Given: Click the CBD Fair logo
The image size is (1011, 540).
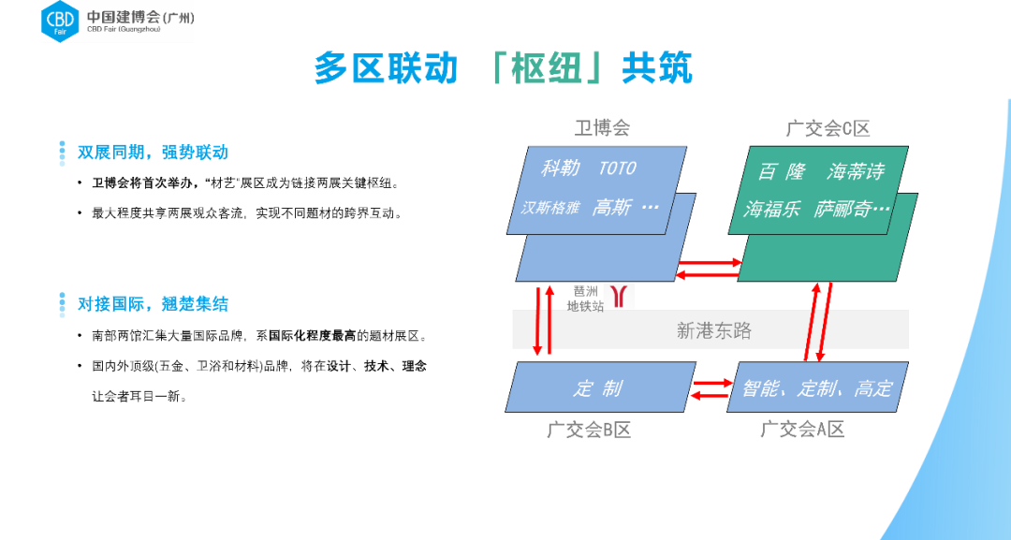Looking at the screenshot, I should click(117, 22).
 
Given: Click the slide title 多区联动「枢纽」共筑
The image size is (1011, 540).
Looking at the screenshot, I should click(503, 69).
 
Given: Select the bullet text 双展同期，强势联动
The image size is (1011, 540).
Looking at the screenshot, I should click(152, 153).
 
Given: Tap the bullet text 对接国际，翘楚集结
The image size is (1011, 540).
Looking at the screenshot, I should click(152, 304).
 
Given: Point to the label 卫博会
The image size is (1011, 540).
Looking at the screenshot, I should click(602, 128).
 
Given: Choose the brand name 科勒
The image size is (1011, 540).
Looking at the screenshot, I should click(561, 168).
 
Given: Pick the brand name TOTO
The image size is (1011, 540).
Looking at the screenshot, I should click(617, 168).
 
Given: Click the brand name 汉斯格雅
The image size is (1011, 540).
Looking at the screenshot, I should click(550, 209).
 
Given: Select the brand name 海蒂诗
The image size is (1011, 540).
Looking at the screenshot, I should click(856, 171).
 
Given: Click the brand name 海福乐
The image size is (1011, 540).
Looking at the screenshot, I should click(772, 210).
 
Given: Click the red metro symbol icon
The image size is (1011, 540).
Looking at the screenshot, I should click(619, 296).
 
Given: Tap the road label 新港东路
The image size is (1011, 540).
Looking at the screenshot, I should click(713, 330).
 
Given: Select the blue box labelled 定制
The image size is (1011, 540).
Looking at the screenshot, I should click(599, 387).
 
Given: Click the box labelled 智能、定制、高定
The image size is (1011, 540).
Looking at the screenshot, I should click(817, 387).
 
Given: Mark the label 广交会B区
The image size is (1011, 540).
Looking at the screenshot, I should click(589, 431).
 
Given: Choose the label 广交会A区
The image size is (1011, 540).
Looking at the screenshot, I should click(802, 431).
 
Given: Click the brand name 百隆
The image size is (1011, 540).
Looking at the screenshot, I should click(782, 171).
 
